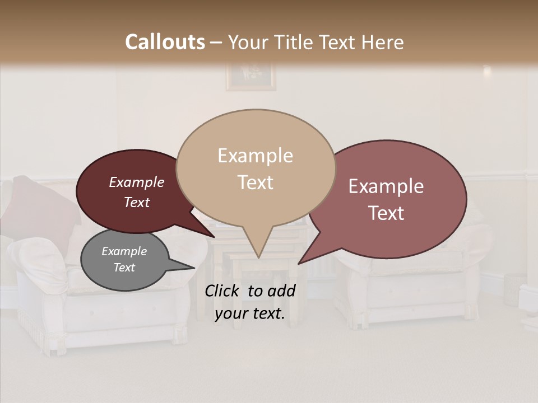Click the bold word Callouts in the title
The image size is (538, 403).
(165, 42)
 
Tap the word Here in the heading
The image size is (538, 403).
(383, 42)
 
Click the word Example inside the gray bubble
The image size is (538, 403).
(124, 251)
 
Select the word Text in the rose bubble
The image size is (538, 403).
(386, 213)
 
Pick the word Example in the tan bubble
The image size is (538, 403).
(256, 156)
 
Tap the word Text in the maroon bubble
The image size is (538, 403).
(137, 202)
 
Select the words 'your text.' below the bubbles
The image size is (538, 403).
(250, 313)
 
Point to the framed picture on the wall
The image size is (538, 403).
(251, 77)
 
